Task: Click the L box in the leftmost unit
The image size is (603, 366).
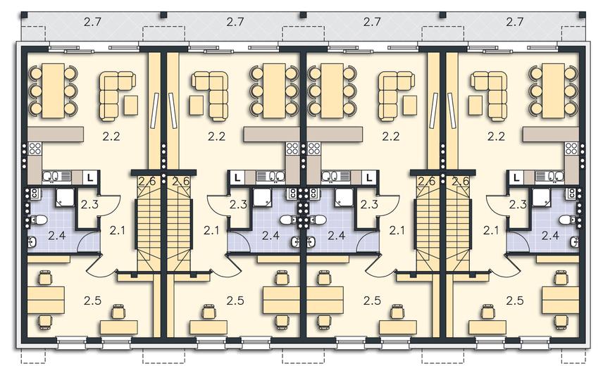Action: coord(90,177)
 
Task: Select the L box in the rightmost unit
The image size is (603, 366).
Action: coord(516,177)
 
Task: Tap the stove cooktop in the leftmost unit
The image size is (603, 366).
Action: coord(35,149)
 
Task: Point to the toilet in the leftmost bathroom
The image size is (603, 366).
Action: coord(39,220)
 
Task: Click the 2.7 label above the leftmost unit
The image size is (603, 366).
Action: coord(92,22)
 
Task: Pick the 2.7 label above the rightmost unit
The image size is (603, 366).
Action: coord(514,22)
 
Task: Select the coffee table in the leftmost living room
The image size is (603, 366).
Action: coord(131,106)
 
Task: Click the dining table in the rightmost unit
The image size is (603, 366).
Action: coord(554,91)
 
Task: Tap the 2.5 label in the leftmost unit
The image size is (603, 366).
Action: coord(92,301)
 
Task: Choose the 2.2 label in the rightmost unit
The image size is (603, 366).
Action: coord(496,137)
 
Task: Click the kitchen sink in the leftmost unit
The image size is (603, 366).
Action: coord(56,177)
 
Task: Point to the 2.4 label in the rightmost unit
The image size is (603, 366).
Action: coord(550,235)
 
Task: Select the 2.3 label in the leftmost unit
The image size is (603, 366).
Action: coord(89,204)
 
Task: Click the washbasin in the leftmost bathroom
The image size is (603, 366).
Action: coord(32,242)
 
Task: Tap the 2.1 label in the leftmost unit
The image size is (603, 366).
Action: coord(118,230)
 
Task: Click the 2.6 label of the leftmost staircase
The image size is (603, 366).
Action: coord(147,180)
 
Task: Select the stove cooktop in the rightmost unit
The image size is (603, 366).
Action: coord(571,149)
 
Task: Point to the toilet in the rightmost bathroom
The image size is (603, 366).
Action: coord(568,220)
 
